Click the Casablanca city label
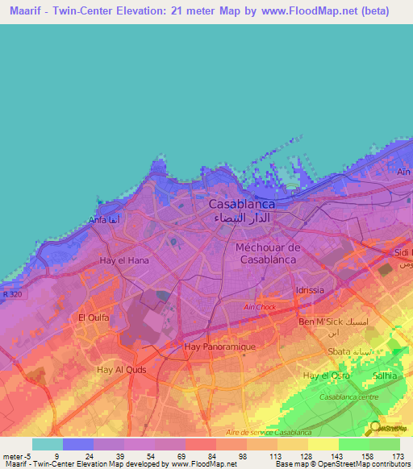[x=242, y=205]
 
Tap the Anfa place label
[x=97, y=219]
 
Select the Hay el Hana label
[x=120, y=260]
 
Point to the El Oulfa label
[x=93, y=318]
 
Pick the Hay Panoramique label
[x=220, y=346]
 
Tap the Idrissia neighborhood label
[x=310, y=289]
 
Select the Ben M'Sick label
[x=318, y=322]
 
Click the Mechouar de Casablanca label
[x=266, y=254]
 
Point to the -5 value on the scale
[x=25, y=456]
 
